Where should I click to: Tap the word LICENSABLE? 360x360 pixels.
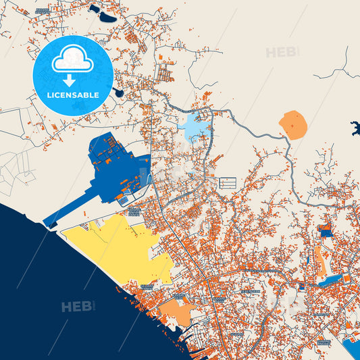click(72, 95)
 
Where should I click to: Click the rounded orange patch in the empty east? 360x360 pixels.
click(293, 125)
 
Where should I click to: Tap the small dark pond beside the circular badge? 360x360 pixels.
click(119, 93)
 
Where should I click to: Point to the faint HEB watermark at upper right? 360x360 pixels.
click(282, 52)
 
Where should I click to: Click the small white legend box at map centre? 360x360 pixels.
click(228, 182)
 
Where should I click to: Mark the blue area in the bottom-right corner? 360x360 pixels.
click(353, 348)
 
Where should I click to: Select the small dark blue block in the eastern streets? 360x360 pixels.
click(325, 233)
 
